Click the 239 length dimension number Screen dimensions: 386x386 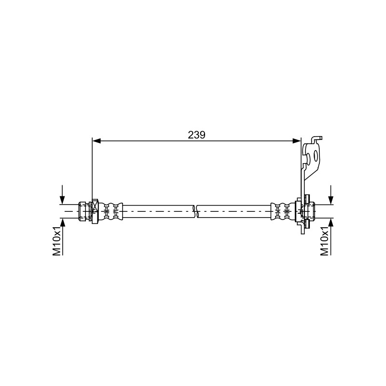[x=196, y=135]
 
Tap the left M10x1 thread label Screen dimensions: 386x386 [x=56, y=242]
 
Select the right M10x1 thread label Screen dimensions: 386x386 [x=324, y=242]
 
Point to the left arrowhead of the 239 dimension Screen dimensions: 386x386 [x=96, y=141]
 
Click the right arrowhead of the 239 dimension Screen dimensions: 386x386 [x=296, y=141]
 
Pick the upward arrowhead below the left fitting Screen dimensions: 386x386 [x=63, y=222]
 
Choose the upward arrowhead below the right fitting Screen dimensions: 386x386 [x=331, y=222]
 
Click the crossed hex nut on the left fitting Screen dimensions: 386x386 [x=95, y=211]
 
